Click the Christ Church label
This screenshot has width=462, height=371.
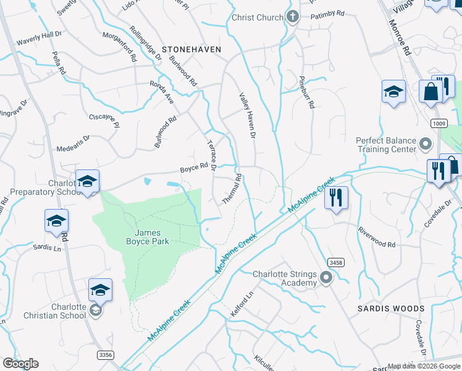coord(257,18)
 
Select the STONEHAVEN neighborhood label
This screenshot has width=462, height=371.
coord(191,48)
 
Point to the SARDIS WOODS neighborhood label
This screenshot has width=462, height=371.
coord(391,308)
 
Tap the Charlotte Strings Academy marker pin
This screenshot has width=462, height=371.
coord(326,280)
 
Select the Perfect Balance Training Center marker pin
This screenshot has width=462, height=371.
coord(425,145)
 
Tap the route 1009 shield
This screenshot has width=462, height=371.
coord(439,124)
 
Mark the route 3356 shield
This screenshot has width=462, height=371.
coord(106,354)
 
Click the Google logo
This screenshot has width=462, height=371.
coord(20,364)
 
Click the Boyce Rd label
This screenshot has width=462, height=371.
coord(193,167)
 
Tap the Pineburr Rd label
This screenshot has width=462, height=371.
coord(307,93)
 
